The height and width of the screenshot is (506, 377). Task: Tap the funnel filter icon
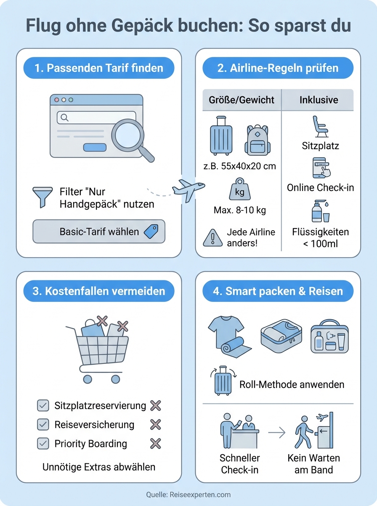[42, 197]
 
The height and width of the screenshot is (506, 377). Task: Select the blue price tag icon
[151, 231]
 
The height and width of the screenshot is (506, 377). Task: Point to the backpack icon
[258, 140]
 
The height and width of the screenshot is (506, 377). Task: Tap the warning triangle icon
[212, 238]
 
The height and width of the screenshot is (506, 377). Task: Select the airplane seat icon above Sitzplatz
[320, 126]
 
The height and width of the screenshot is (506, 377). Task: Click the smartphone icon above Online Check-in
[321, 168]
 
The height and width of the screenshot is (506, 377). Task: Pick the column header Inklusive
[319, 100]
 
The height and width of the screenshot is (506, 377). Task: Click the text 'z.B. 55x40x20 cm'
[240, 166]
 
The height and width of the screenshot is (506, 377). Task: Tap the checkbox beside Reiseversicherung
[43, 424]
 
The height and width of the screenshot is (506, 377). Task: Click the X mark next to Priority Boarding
[156, 444]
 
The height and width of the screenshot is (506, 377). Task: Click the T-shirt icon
[226, 332]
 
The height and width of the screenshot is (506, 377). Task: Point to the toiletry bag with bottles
[329, 336]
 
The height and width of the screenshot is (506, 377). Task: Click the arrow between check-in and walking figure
[277, 433]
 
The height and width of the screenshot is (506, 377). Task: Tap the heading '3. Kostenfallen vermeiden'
[99, 291]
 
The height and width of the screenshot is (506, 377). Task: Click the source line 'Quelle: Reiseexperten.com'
[188, 495]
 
